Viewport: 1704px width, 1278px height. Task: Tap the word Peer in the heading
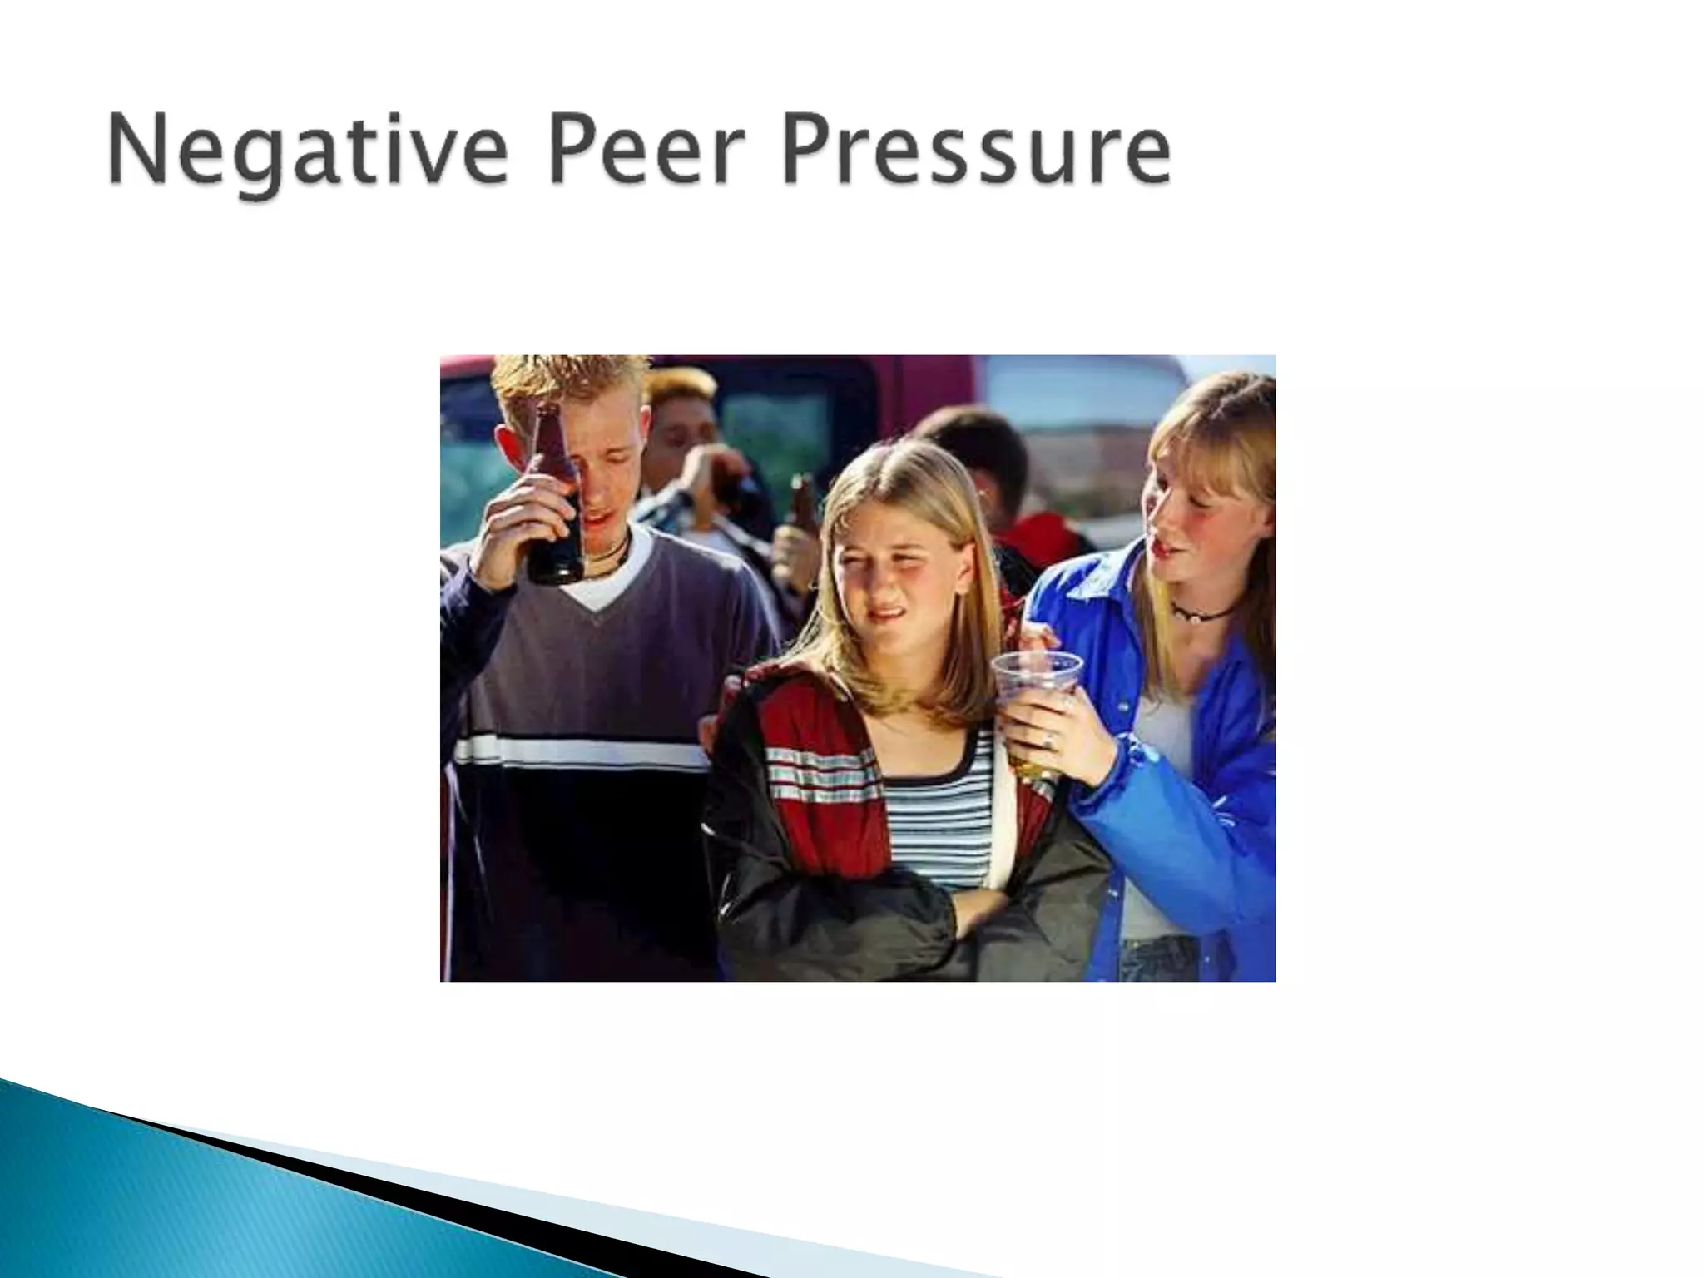(x=640, y=151)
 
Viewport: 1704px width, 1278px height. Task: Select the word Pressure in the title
(x=976, y=151)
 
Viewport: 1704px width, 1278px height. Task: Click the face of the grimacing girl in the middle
(x=890, y=574)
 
